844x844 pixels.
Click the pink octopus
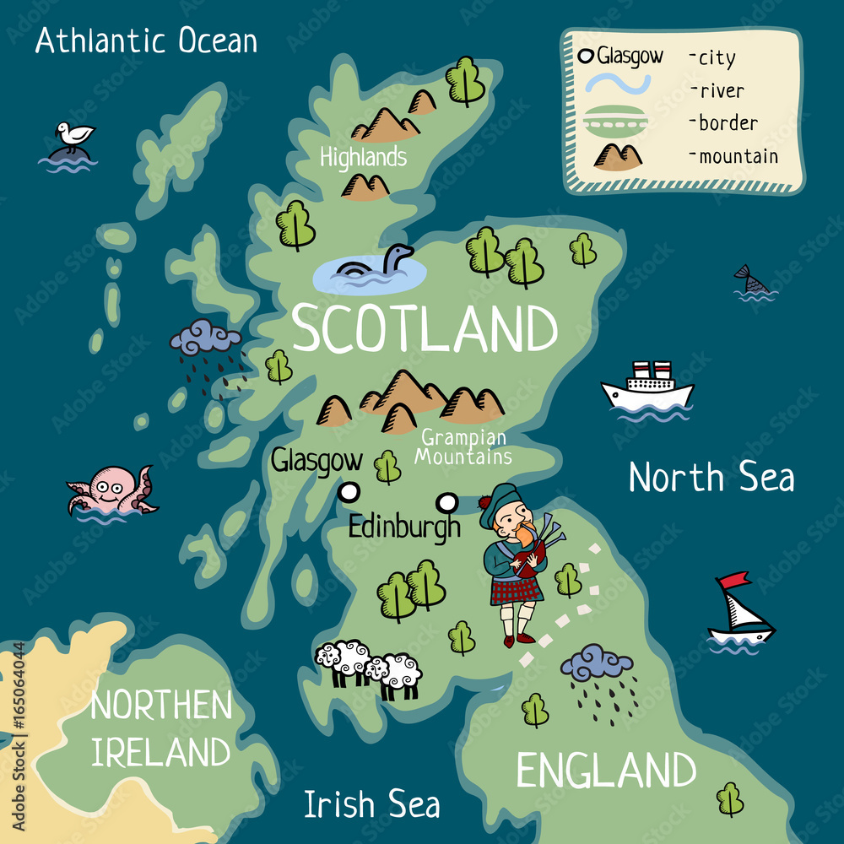coord(111,489)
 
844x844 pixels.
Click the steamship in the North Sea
coord(647,387)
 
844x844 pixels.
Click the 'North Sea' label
coord(711,478)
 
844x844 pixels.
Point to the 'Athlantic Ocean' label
coord(146,41)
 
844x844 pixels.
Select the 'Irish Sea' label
coord(371,804)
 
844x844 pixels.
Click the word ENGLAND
coord(606,771)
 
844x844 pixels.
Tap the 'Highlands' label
coord(363,157)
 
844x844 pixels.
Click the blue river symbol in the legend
coord(619,84)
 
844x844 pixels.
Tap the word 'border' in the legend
coord(727,123)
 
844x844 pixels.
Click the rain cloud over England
coord(597,663)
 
